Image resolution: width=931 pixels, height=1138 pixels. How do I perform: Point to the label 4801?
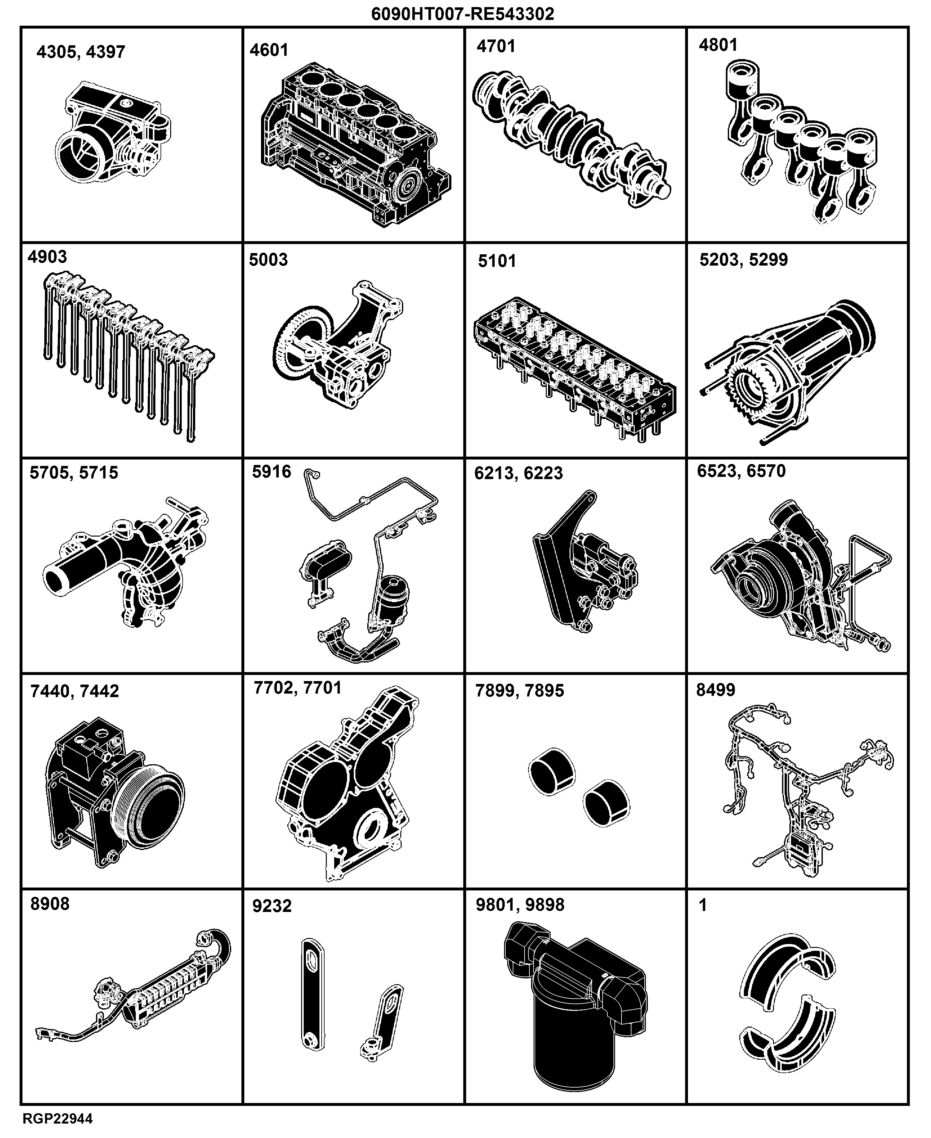tap(718, 45)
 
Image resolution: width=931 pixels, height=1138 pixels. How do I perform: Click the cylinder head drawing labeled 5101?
tap(575, 369)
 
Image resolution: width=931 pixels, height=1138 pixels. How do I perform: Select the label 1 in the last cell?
tap(703, 905)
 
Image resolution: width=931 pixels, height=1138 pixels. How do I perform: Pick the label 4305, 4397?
tap(81, 52)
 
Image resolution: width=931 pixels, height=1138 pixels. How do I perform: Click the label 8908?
tap(50, 904)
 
